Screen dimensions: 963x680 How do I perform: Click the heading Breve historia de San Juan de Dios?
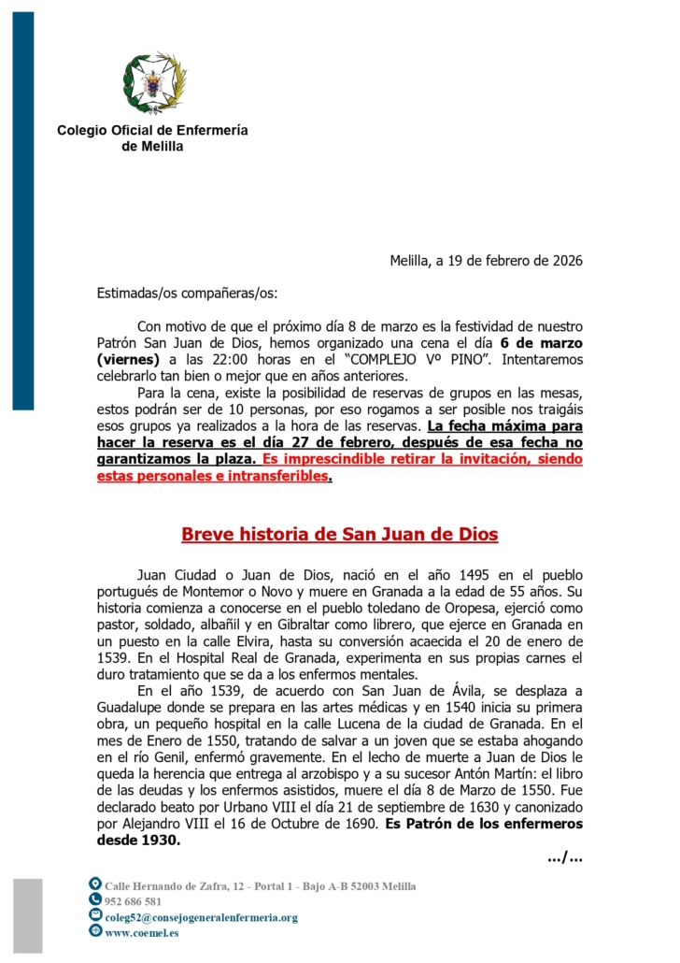tap(339, 535)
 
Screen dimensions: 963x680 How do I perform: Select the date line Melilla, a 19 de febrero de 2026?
tap(486, 260)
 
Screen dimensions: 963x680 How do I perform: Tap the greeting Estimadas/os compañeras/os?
tap(188, 293)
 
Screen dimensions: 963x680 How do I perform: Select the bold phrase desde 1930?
tap(139, 840)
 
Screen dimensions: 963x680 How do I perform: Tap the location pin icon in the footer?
tap(95, 884)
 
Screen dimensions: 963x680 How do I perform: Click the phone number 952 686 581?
tap(134, 901)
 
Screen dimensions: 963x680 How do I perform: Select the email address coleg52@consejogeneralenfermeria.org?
tap(201, 917)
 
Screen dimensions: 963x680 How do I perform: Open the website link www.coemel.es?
tap(142, 932)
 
